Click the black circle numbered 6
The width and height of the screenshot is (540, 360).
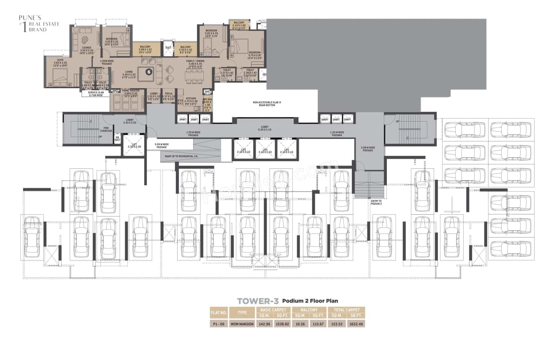coord(148,72)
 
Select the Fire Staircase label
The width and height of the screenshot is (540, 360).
coord(106,129)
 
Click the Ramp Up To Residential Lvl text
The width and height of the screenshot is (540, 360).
coord(179,156)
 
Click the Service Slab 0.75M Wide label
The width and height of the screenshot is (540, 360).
coord(95,94)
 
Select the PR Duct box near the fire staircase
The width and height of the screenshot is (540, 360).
coord(117,138)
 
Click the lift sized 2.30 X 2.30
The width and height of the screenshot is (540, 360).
coord(134,146)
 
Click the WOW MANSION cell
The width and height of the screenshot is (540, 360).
coord(243,324)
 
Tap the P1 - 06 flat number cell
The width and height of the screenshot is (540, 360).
coord(219,324)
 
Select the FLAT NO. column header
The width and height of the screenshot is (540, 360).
coord(219,313)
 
